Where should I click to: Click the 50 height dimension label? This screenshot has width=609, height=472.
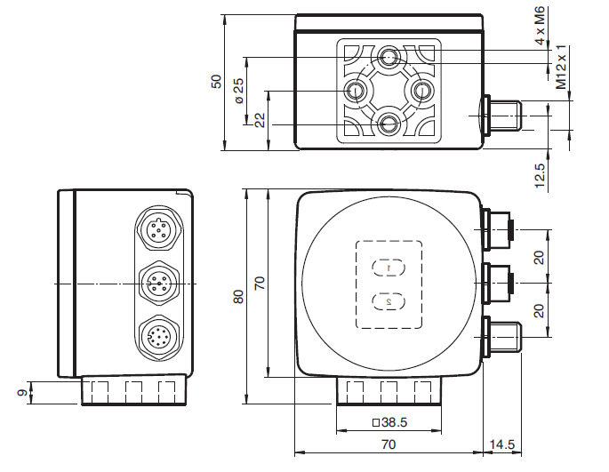(x=215, y=81)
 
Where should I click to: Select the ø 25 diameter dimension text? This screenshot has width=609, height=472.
(x=237, y=91)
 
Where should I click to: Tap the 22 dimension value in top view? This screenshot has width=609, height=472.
(x=260, y=120)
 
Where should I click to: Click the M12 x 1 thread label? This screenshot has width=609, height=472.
(x=561, y=72)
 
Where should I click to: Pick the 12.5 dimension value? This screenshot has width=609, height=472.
(x=540, y=174)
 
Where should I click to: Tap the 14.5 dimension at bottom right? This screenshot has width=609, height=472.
(x=501, y=444)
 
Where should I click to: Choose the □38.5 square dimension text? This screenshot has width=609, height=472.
(x=389, y=423)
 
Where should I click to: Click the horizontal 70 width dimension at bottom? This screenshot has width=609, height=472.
(x=389, y=444)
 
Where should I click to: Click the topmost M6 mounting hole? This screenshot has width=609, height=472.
(x=389, y=58)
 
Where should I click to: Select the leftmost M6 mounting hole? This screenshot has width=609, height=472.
(x=357, y=90)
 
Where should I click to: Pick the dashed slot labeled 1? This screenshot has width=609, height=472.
(x=389, y=266)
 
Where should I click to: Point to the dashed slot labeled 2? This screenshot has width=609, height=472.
(x=389, y=302)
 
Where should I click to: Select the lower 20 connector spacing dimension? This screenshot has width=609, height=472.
(x=540, y=310)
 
